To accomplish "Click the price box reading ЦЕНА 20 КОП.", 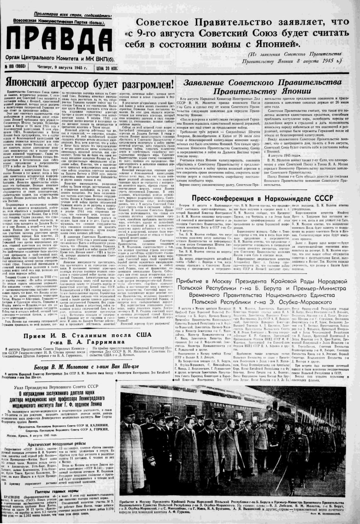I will click(101, 68).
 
